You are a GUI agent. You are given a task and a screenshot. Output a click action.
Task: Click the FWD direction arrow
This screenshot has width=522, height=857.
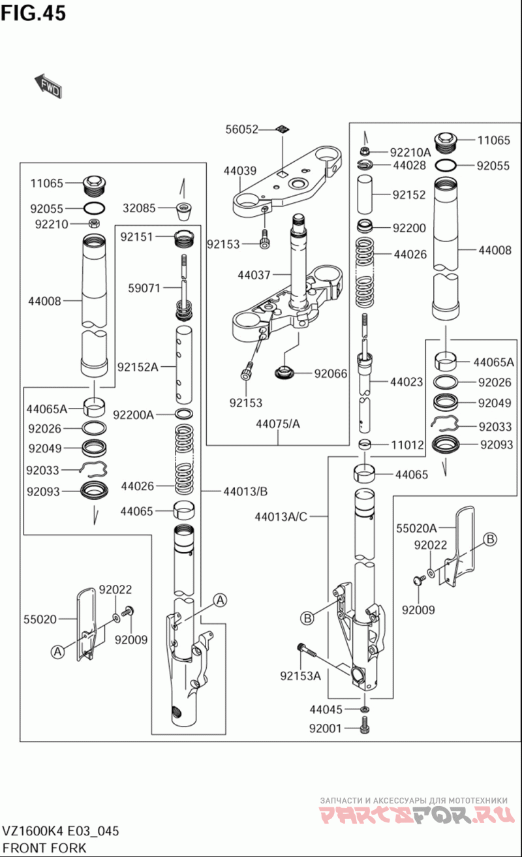[x=48, y=86]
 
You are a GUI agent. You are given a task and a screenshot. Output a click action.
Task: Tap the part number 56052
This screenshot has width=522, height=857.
[x=241, y=129]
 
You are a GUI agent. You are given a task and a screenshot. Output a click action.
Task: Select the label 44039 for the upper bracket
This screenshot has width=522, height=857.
[x=240, y=170]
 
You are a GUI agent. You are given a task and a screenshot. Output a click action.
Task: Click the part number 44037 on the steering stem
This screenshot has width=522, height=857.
[x=254, y=275]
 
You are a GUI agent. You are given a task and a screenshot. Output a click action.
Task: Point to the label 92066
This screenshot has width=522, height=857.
[x=331, y=373]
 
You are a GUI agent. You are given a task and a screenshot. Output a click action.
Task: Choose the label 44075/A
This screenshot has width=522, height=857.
[x=278, y=424]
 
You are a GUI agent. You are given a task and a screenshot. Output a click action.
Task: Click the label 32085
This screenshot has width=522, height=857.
[x=139, y=208]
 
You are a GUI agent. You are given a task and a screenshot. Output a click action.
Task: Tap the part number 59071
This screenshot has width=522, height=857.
[x=144, y=288]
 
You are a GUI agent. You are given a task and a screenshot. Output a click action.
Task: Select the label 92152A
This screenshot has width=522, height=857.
[x=138, y=367]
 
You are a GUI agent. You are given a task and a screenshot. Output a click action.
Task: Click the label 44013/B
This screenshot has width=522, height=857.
[x=245, y=491]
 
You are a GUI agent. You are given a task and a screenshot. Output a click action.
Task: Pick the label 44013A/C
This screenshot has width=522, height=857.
[x=281, y=517]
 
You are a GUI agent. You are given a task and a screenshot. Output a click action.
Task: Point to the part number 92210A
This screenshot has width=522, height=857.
[x=410, y=152]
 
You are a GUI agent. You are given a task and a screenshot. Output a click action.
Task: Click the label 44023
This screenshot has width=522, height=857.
[x=407, y=382]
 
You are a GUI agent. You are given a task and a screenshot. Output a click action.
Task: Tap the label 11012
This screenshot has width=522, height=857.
[x=407, y=445]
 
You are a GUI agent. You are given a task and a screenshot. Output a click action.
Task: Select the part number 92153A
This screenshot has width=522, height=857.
[x=301, y=676]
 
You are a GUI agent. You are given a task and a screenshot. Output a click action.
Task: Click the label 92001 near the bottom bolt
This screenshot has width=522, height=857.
[x=326, y=728]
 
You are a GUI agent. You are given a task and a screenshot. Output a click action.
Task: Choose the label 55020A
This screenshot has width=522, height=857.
[x=416, y=528]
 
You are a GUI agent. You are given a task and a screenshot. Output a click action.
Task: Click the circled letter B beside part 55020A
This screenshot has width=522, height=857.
[x=490, y=539]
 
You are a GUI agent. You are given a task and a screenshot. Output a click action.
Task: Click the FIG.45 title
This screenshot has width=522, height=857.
[x=33, y=13]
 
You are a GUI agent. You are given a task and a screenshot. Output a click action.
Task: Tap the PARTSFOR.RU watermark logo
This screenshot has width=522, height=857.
[x=416, y=814]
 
